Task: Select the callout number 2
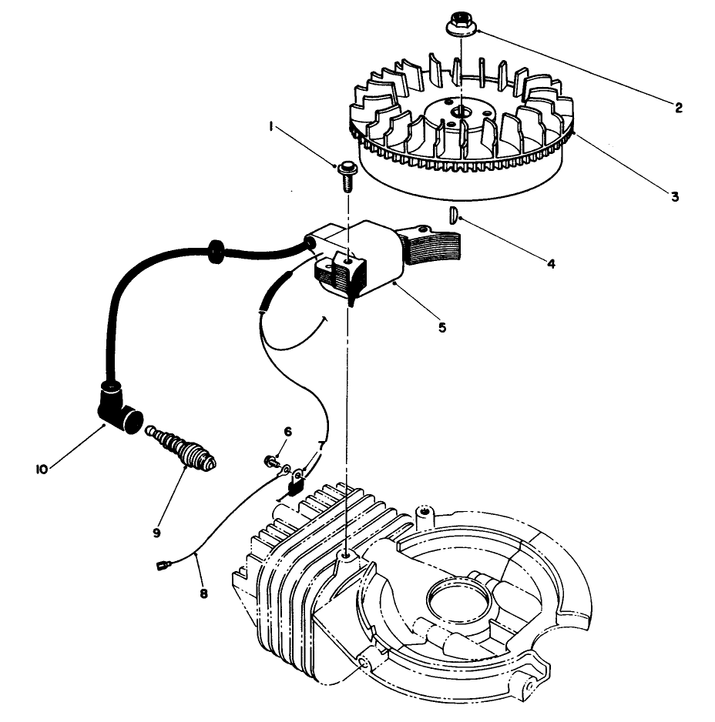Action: tap(678, 108)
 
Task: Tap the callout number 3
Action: tap(674, 196)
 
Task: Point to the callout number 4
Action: tap(551, 263)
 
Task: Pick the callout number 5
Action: tap(441, 327)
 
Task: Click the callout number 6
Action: tap(287, 431)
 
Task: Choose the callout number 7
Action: tap(322, 446)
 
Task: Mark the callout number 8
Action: tap(204, 593)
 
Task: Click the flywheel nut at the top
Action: tap(461, 25)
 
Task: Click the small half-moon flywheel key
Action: tap(455, 213)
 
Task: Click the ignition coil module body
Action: tap(362, 258)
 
